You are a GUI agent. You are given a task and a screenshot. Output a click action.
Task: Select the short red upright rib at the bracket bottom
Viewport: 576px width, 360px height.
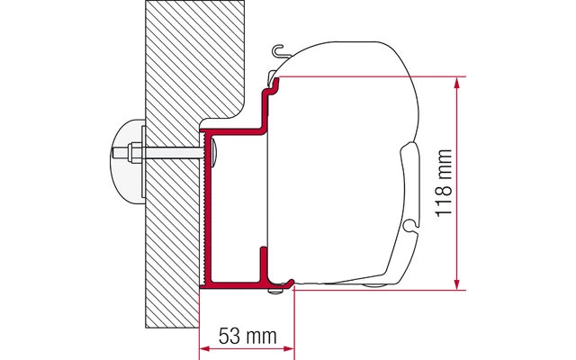(x=262, y=263)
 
